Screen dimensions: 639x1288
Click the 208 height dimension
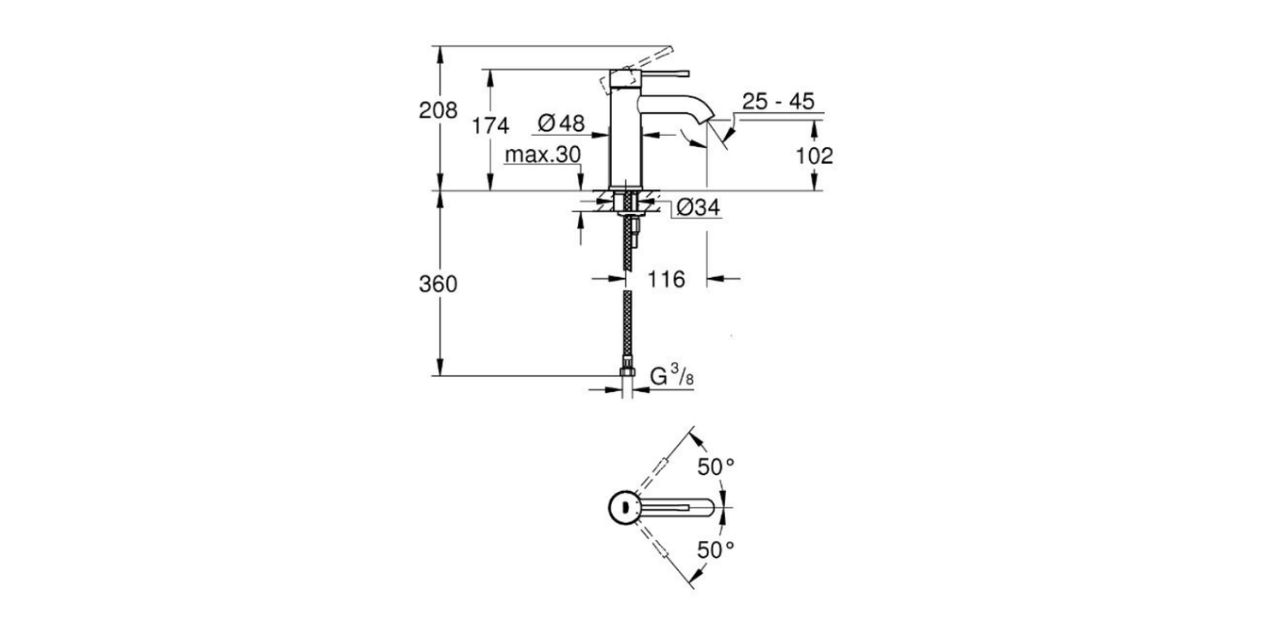[438, 110]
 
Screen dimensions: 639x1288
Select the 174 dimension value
[490, 125]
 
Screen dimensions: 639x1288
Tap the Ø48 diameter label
[561, 123]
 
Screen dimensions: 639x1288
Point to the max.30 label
[542, 155]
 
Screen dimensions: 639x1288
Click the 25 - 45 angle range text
[777, 102]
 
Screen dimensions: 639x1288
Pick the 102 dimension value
[815, 156]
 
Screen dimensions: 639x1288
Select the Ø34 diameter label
[699, 208]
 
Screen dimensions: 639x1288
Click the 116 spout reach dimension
[666, 279]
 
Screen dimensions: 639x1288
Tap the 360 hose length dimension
[438, 284]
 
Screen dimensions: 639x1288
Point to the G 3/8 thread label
[673, 377]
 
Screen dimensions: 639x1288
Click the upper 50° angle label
[716, 466]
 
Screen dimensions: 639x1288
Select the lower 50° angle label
[716, 549]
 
